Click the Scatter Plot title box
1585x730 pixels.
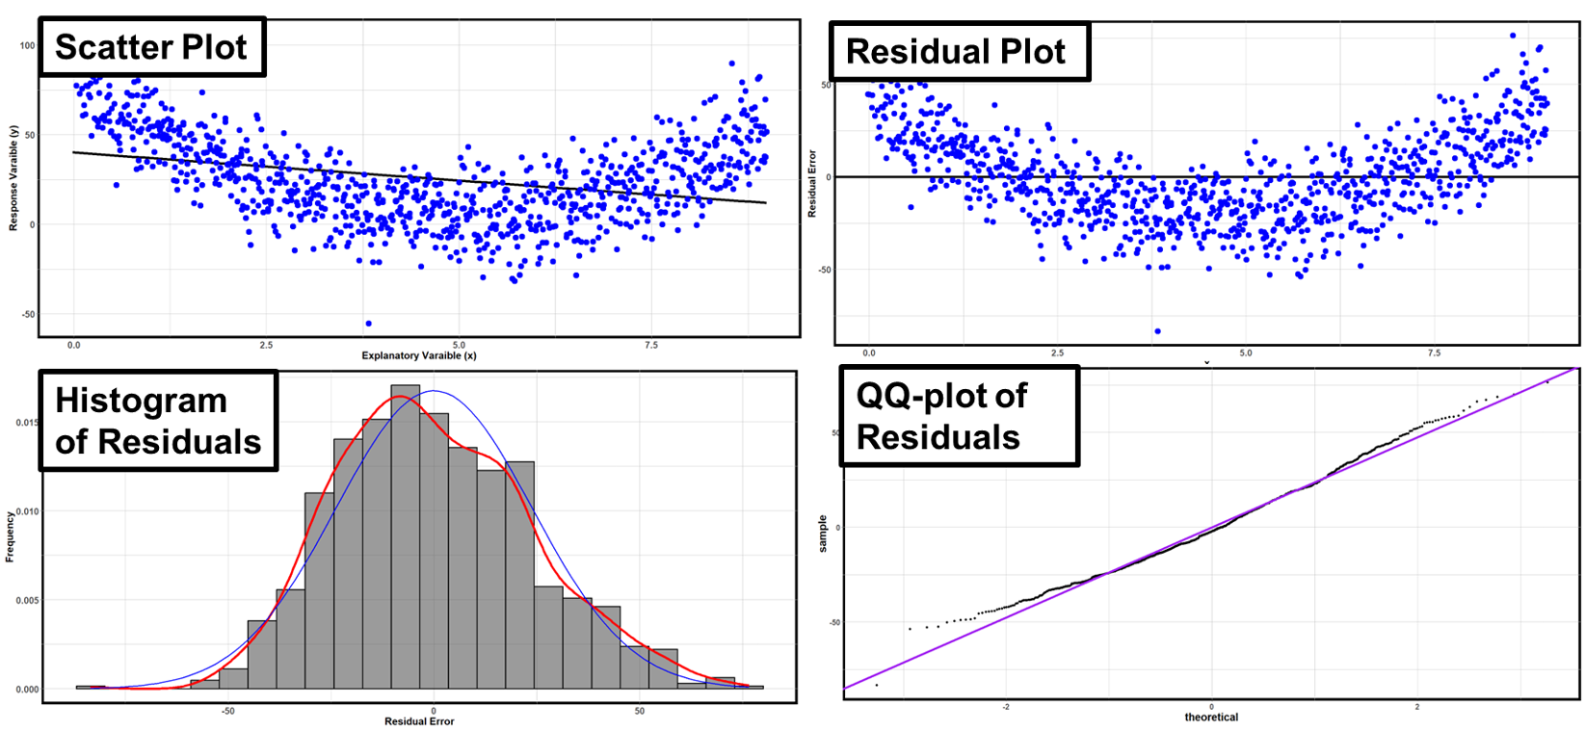pyautogui.click(x=151, y=47)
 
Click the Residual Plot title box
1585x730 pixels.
pyautogui.click(x=956, y=51)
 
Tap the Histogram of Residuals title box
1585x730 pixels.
pyautogui.click(x=158, y=421)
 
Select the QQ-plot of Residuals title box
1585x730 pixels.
pyautogui.click(x=958, y=416)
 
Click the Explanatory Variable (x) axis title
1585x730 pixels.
pyautogui.click(x=419, y=355)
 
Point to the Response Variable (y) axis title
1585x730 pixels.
pyautogui.click(x=13, y=178)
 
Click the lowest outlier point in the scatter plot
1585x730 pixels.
pyautogui.click(x=368, y=324)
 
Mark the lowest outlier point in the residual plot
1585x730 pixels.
pyautogui.click(x=1157, y=331)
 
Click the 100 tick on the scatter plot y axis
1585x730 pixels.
pyautogui.click(x=27, y=45)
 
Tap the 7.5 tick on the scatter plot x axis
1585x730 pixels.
pyautogui.click(x=651, y=345)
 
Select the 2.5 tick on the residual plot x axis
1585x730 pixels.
pyautogui.click(x=1058, y=353)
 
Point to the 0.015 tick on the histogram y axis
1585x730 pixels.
pyautogui.click(x=27, y=423)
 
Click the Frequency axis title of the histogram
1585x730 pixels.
pyautogui.click(x=11, y=536)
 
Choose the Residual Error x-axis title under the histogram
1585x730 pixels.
pyautogui.click(x=419, y=721)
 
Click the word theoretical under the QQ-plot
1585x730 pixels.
pyautogui.click(x=1211, y=717)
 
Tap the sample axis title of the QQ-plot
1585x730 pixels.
pyautogui.click(x=823, y=534)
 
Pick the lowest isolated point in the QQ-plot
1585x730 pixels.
pyautogui.click(x=876, y=685)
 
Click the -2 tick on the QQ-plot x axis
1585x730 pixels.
pyautogui.click(x=1006, y=707)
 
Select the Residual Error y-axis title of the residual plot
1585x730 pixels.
pyautogui.click(x=812, y=183)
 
